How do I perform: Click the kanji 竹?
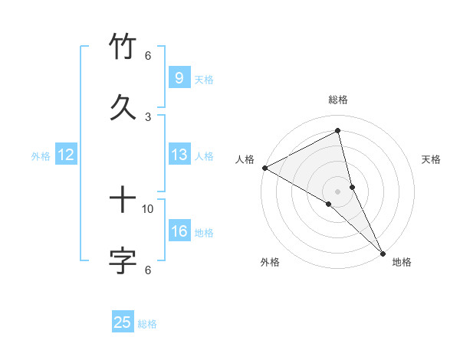click(123, 47)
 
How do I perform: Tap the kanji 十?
click(123, 201)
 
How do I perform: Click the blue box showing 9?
click(179, 77)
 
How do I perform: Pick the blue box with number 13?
click(179, 155)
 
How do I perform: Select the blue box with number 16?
click(179, 231)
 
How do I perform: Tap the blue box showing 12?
click(66, 155)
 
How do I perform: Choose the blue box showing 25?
click(123, 322)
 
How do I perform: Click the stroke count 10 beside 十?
click(148, 208)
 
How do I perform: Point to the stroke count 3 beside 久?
click(148, 116)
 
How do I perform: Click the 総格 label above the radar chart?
click(338, 100)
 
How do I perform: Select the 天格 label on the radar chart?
click(431, 159)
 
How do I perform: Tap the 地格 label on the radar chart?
click(402, 262)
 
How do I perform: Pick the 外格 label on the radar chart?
click(270, 262)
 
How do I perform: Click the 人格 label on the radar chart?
click(245, 159)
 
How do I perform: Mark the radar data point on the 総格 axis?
click(338, 131)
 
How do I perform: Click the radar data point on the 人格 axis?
click(264, 168)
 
